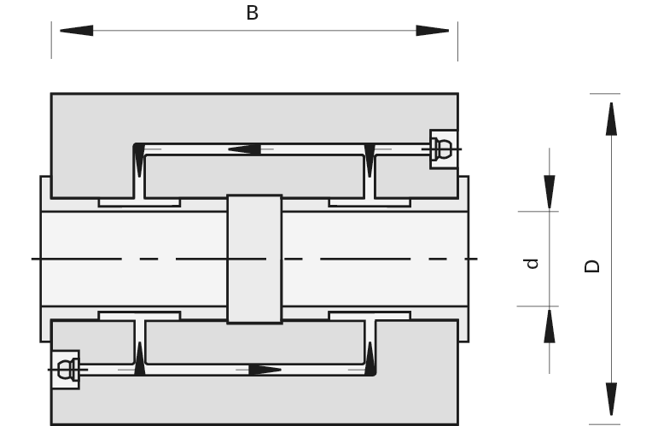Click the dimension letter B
click(x=252, y=13)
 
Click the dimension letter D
click(x=592, y=266)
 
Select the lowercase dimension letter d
click(x=532, y=264)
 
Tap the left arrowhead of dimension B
click(x=77, y=31)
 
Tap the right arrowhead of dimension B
click(x=433, y=31)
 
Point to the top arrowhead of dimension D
click(x=611, y=119)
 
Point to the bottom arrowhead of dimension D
click(x=611, y=399)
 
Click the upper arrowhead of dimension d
click(x=550, y=192)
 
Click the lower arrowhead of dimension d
click(x=550, y=326)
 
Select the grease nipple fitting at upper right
click(x=444, y=149)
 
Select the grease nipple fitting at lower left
click(x=65, y=370)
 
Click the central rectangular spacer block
click(x=254, y=259)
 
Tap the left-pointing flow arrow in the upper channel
click(x=244, y=149)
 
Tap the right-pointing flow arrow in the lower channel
click(x=265, y=370)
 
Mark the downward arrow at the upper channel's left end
click(x=139, y=160)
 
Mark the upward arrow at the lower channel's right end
click(x=370, y=359)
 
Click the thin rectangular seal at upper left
click(x=139, y=202)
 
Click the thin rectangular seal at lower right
click(x=370, y=316)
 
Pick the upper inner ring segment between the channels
click(x=254, y=177)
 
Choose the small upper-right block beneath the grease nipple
click(x=416, y=178)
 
